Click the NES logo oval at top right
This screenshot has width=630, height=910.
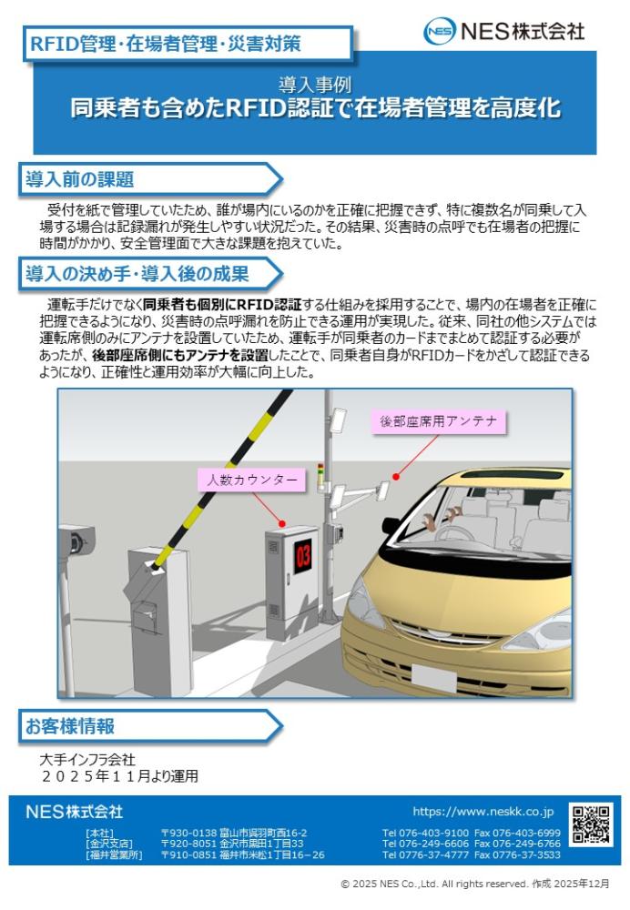[x=440, y=31]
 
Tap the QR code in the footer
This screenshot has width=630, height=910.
[x=591, y=824]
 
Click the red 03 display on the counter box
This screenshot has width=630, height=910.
[x=303, y=556]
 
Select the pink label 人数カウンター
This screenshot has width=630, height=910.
[x=251, y=480]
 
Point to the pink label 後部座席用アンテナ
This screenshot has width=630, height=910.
[x=439, y=421]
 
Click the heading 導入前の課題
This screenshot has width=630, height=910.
[x=79, y=179]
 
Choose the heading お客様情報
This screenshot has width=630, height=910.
[x=70, y=726]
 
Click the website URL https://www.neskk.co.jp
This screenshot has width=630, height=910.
[x=483, y=812]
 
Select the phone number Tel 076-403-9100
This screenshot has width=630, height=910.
[x=425, y=833]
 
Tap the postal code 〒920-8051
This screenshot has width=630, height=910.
[x=188, y=844]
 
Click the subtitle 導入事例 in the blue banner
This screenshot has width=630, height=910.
[x=315, y=86]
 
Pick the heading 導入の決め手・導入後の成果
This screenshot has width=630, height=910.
[x=137, y=274]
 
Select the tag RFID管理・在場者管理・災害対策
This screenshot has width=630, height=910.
[x=166, y=44]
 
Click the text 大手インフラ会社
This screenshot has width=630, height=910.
[x=87, y=760]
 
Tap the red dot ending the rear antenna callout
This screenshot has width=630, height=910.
[x=396, y=477]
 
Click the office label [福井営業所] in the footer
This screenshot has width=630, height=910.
[x=114, y=854]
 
